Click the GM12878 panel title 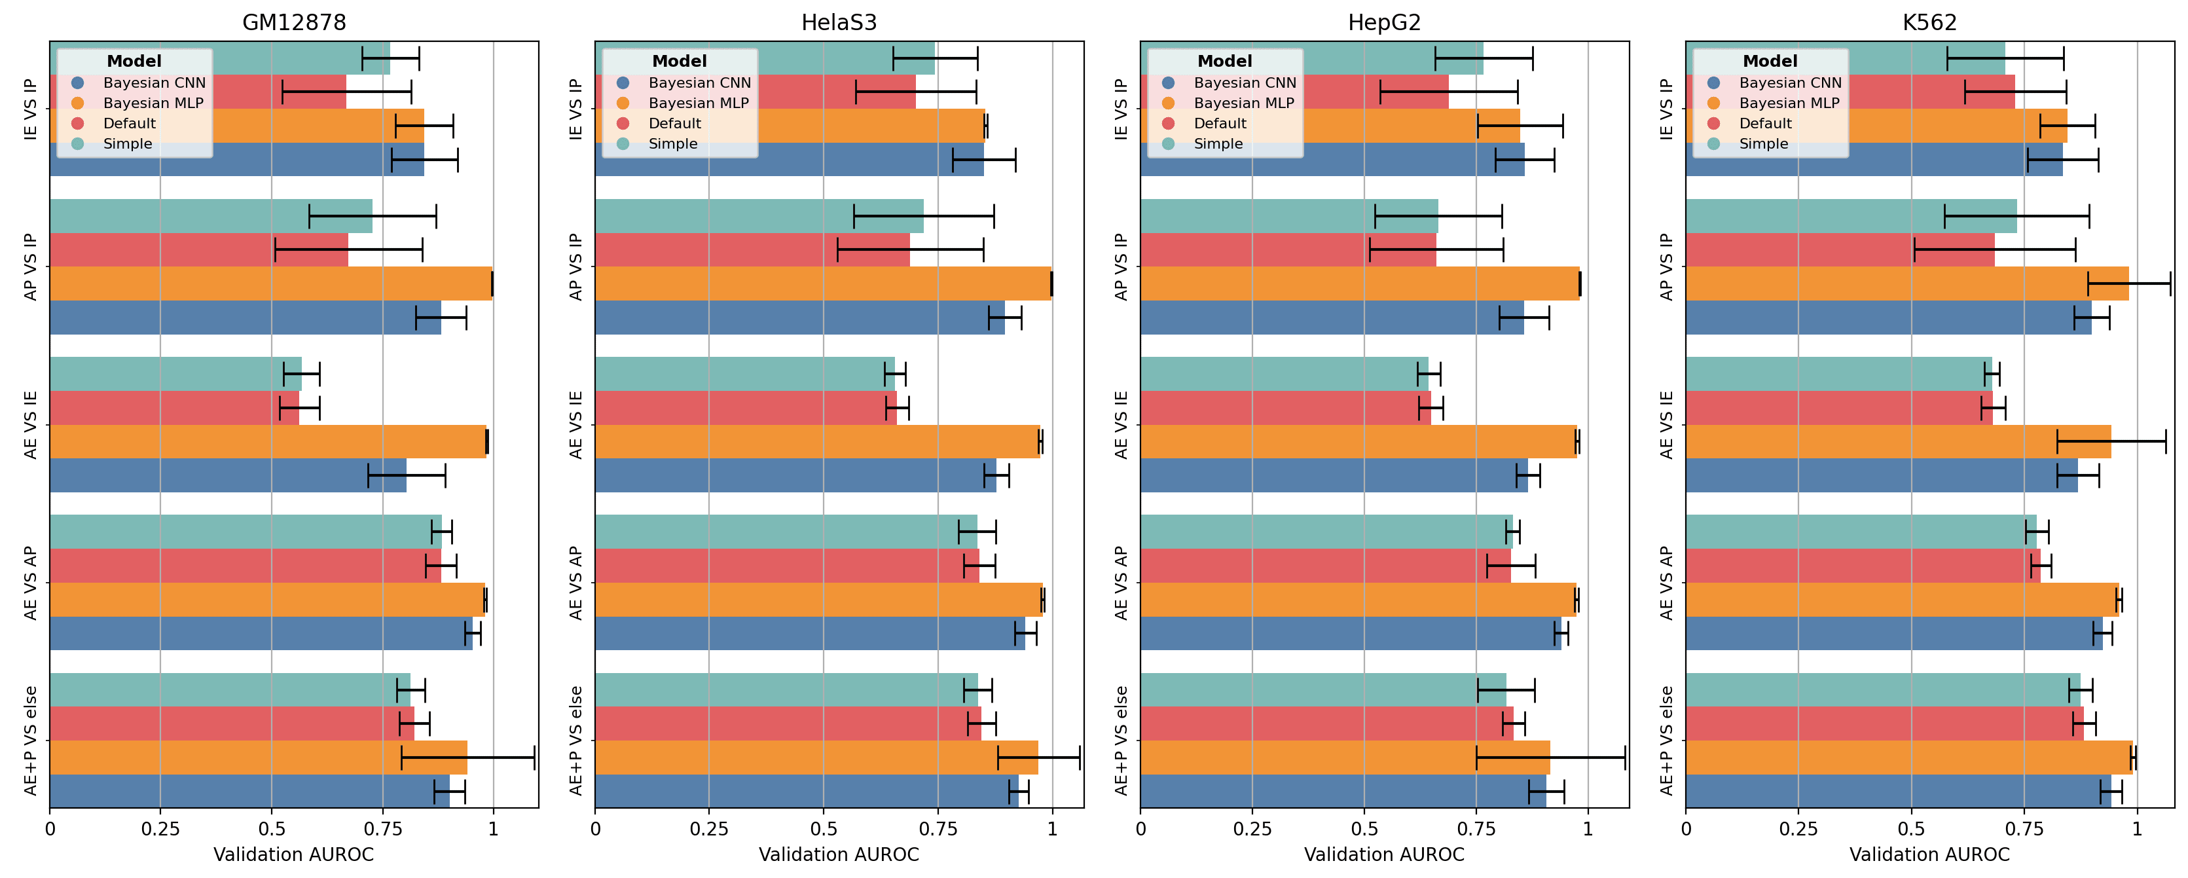(294, 23)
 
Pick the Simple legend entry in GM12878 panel (128, 143)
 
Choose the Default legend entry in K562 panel (1765, 123)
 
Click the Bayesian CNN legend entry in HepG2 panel (1245, 82)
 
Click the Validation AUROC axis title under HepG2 (1383, 854)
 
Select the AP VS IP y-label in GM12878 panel (31, 266)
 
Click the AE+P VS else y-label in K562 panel (1666, 741)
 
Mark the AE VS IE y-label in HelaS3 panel (577, 424)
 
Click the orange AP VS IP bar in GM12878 (270, 284)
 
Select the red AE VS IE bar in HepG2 (1285, 408)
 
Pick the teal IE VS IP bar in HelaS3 (765, 58)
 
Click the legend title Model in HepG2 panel (1224, 61)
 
